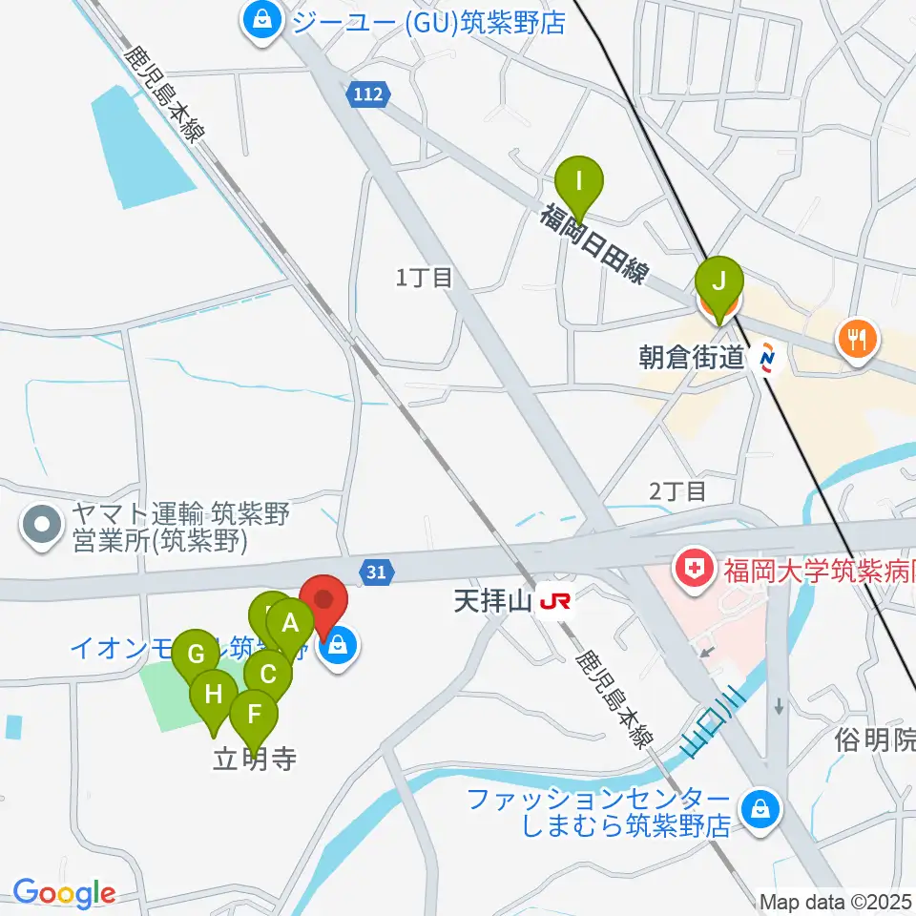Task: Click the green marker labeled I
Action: [579, 180]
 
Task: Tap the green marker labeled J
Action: [719, 281]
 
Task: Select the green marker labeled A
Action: [290, 625]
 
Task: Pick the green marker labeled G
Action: [196, 655]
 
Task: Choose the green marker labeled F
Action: [254, 714]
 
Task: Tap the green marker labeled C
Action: [267, 675]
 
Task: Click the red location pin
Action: [324, 603]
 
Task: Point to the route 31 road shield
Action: [377, 572]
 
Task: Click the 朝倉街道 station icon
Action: [767, 360]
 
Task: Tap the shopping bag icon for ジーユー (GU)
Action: [260, 20]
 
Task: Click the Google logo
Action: [63, 893]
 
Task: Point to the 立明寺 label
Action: [254, 760]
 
